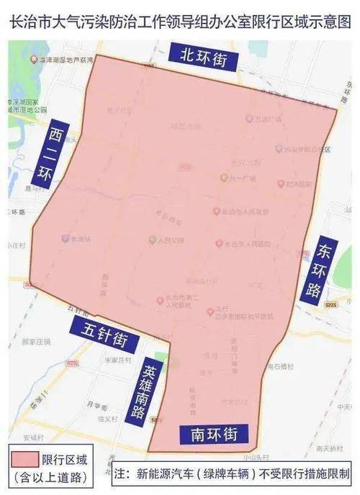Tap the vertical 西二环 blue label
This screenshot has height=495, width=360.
pos(54,155)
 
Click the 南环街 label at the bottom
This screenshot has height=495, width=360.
pos(210,435)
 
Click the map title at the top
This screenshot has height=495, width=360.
pos(180,20)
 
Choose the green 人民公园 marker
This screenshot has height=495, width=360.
pos(153,239)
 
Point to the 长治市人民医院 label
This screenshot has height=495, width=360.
pos(242,244)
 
